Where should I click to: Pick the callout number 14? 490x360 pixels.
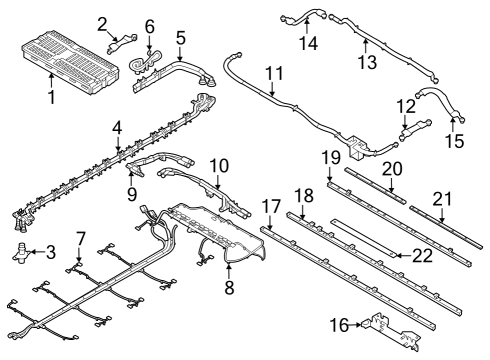(309, 44)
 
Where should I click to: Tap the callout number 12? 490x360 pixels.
(406, 106)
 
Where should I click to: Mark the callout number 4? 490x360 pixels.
(118, 128)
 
